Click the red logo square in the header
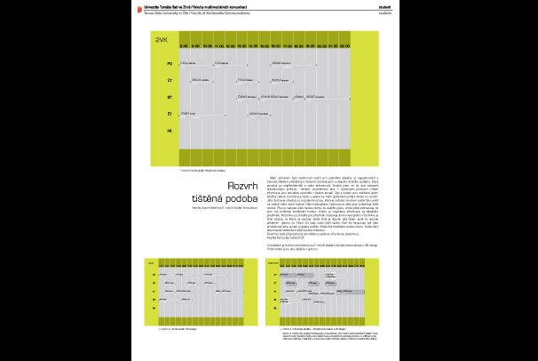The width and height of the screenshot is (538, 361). (136, 6)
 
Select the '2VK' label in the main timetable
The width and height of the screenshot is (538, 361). (162, 42)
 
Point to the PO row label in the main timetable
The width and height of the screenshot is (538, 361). (170, 64)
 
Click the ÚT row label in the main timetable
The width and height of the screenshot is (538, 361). (170, 81)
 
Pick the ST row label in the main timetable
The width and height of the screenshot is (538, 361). (170, 98)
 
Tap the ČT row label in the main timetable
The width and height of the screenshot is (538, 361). (170, 115)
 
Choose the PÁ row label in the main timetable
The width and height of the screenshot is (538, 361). (170, 131)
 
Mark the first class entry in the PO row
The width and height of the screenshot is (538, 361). (188, 64)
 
